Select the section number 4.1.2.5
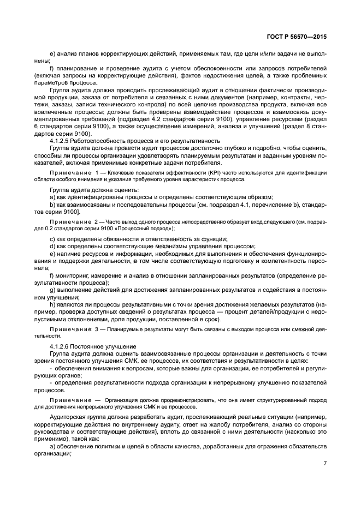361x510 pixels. click(x=61, y=140)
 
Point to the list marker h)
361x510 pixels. click(x=52, y=303)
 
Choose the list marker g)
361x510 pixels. click(x=52, y=290)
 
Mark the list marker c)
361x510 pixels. click(x=52, y=239)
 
